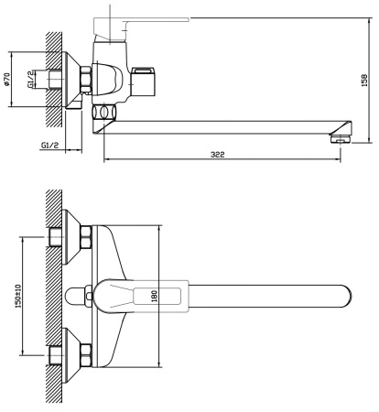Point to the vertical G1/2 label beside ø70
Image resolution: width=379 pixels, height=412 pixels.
(x=29, y=81)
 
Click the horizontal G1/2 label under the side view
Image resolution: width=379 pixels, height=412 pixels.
(x=51, y=145)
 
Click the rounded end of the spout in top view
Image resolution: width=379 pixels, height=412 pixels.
(x=346, y=296)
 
